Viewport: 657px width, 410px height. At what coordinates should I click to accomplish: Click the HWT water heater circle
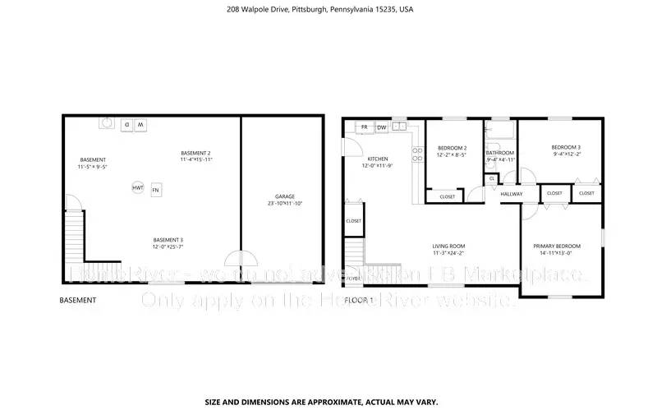(x=138, y=188)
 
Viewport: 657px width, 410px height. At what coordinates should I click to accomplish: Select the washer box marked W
(x=140, y=125)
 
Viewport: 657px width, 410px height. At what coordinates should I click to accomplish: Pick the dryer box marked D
(x=126, y=125)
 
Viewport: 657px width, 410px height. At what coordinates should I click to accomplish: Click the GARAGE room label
(x=285, y=196)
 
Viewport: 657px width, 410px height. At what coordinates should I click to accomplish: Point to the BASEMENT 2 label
(x=196, y=153)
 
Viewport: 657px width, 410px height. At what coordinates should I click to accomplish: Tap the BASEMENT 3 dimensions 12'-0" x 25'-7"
(x=167, y=246)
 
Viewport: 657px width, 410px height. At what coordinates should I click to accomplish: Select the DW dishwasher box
(x=382, y=127)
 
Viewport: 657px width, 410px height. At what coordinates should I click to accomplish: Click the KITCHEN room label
(x=377, y=159)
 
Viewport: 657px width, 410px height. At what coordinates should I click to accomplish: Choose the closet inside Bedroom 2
(x=448, y=196)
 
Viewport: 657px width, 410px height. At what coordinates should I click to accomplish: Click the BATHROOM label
(x=499, y=153)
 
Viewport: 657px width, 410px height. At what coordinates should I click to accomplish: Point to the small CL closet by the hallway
(x=492, y=177)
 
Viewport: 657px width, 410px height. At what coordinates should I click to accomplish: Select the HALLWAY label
(x=512, y=194)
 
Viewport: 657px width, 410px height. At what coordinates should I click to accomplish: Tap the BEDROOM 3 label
(x=566, y=147)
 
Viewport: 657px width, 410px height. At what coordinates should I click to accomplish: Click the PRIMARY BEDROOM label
(x=557, y=246)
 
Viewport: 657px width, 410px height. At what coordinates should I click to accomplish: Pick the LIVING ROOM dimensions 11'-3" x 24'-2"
(x=449, y=252)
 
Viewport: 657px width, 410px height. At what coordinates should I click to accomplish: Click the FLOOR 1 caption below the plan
(x=359, y=300)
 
